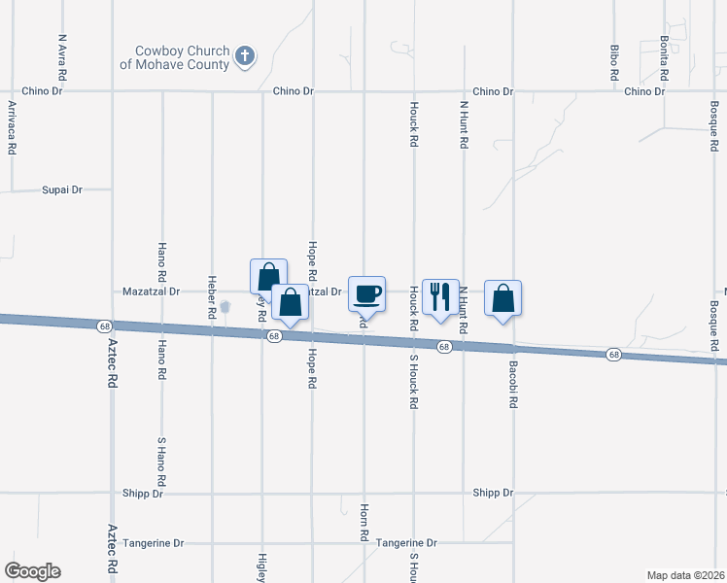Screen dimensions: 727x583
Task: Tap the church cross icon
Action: point(246,56)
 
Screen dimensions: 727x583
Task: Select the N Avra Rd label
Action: point(62,57)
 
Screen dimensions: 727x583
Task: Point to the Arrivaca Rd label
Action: point(12,126)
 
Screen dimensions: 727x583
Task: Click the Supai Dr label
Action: point(62,189)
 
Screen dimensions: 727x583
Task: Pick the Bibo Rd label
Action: point(614,61)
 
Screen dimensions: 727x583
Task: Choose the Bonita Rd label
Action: point(665,57)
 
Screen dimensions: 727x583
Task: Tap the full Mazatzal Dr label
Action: point(153,291)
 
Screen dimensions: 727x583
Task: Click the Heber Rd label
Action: point(211,297)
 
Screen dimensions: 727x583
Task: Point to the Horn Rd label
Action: point(364,523)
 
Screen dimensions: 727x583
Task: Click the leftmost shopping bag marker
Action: point(268,276)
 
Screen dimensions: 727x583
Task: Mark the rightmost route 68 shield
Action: point(613,354)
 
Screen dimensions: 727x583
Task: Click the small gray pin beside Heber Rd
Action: point(225,308)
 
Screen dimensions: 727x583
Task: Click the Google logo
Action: point(32,571)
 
